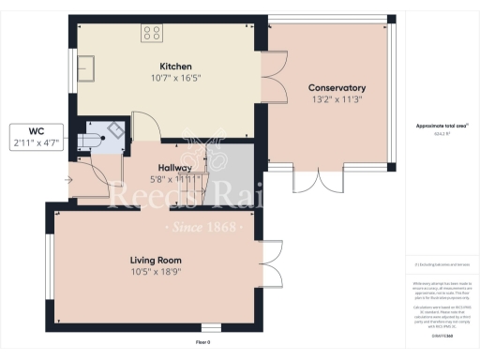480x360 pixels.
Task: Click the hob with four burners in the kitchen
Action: [x=151, y=34]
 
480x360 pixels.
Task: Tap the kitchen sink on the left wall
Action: [x=89, y=67]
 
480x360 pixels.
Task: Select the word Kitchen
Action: [x=175, y=67]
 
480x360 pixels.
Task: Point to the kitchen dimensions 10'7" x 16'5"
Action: [x=175, y=79]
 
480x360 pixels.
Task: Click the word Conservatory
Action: [x=337, y=88]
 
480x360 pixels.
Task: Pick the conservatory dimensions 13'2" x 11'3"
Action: [x=337, y=99]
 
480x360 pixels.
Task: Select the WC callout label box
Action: [x=36, y=138]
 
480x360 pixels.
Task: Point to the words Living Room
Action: [x=155, y=260]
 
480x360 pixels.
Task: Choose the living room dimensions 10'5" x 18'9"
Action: [x=155, y=271]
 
